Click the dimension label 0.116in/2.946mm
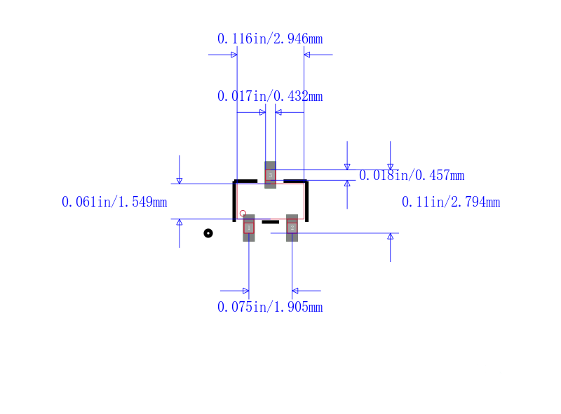point(270,39)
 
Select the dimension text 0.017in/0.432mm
point(270,96)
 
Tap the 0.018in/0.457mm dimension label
point(412,175)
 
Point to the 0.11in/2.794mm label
point(451,202)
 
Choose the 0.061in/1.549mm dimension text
point(114,202)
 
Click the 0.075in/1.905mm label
point(270,307)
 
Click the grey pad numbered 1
point(249,228)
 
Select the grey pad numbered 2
point(292,228)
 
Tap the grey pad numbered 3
point(270,175)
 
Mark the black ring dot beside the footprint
point(208,233)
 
